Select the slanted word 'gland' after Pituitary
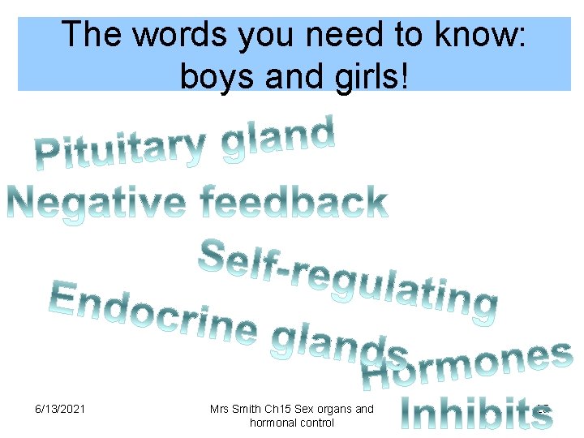[278, 139]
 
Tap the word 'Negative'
[94, 203]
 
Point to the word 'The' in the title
[91, 34]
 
